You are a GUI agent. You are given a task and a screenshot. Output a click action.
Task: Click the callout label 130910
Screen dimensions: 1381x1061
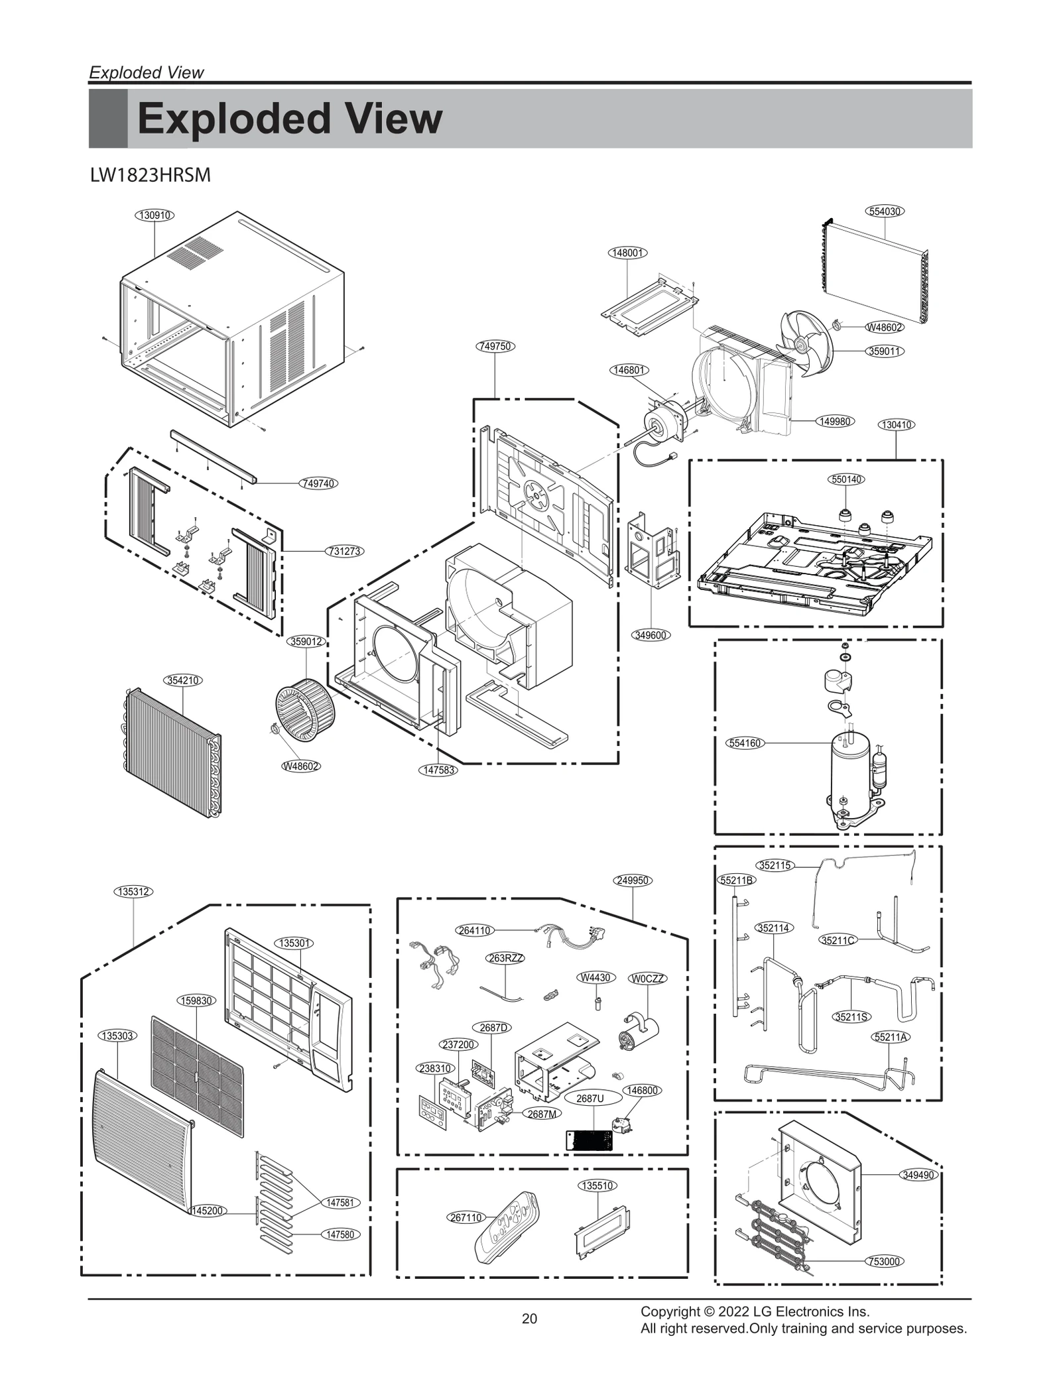(154, 215)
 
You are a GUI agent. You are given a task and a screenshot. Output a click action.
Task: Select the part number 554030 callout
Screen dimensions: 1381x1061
(885, 211)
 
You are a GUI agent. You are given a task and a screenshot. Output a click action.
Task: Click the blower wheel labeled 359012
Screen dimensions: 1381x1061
(305, 707)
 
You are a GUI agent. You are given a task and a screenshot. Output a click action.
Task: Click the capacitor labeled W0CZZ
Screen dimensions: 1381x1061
(639, 1034)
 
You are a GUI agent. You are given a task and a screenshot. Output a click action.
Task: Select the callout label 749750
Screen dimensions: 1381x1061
(495, 346)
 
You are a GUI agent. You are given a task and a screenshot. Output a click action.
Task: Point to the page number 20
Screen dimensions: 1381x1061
(529, 1319)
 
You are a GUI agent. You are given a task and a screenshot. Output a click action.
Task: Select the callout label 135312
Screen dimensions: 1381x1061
(133, 892)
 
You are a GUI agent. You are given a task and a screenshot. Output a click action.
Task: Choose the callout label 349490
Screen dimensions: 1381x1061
(918, 1175)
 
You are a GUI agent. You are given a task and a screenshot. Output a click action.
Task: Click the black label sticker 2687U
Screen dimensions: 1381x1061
(588, 1140)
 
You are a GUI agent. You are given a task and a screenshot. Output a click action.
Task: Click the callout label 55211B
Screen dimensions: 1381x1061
(737, 880)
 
